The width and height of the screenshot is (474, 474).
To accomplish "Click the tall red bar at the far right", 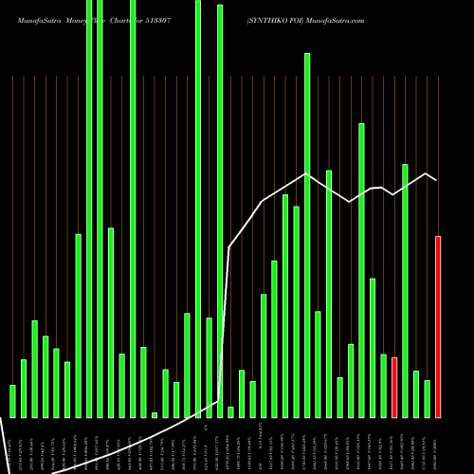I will pos(438,326).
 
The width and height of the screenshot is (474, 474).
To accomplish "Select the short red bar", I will pos(394,387).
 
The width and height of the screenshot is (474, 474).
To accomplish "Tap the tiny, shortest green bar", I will pos(155,414).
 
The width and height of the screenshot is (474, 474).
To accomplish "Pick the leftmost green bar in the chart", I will pos(12,400).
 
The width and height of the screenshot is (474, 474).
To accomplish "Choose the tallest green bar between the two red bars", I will pos(405,290).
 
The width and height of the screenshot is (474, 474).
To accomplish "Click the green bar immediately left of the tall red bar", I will pos(427,398).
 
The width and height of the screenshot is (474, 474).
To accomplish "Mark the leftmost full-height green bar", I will pos(89,209).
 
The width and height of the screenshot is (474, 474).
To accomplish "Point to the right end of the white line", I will pos(436,180).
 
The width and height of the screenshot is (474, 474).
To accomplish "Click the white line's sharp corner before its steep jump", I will pos(219,401).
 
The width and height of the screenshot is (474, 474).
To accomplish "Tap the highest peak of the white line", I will pos(306,173).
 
